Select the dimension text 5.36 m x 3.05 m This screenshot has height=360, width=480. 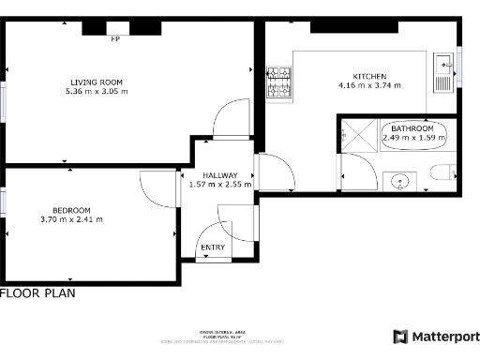pyautogui.click(x=97, y=92)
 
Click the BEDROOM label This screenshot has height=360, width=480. pyautogui.click(x=71, y=209)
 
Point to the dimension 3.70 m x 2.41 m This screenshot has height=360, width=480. pyautogui.click(x=71, y=219)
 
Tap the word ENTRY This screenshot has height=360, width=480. pyautogui.click(x=214, y=247)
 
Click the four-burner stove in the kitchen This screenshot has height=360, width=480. pyautogui.click(x=278, y=82)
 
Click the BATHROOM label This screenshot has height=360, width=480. pyautogui.click(x=413, y=128)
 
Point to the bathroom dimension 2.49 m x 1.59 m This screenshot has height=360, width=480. pyautogui.click(x=413, y=139)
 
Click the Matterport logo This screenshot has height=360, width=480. pyautogui.click(x=436, y=336)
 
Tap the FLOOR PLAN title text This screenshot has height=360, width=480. pyautogui.click(x=37, y=293)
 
